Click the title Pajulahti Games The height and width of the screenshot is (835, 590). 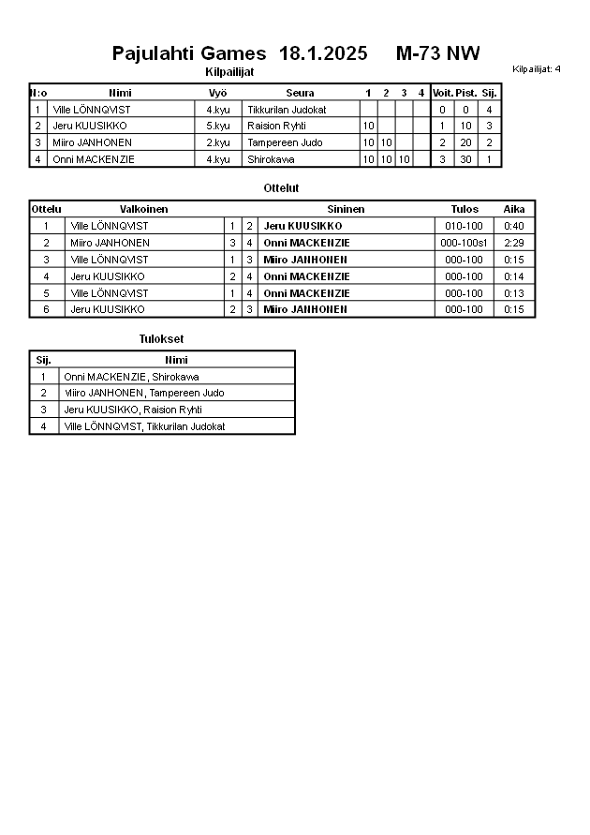pos(188,53)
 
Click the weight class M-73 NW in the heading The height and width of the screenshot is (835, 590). pos(437,53)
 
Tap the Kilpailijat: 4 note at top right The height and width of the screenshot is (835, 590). pos(537,68)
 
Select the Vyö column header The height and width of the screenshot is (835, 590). pos(217,93)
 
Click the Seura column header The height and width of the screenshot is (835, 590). pos(300,93)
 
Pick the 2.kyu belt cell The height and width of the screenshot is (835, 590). pos(217,142)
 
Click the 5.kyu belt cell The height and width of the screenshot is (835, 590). pos(217,126)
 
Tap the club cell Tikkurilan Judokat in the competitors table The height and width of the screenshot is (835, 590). pos(287,110)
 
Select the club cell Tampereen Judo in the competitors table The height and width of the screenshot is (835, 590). pos(285,142)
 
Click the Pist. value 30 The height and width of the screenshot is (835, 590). pos(465,159)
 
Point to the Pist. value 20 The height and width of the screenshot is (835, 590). pos(465,142)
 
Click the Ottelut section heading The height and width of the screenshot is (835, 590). pos(281,188)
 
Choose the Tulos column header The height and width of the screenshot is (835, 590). pos(464,209)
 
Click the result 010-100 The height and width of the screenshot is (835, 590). pos(464,226)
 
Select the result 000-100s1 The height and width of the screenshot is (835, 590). pos(464,243)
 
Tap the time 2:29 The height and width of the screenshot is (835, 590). pos(513,243)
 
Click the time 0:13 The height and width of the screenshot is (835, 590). pos(513,293)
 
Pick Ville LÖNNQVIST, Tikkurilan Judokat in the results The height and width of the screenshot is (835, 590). pos(144,426)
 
